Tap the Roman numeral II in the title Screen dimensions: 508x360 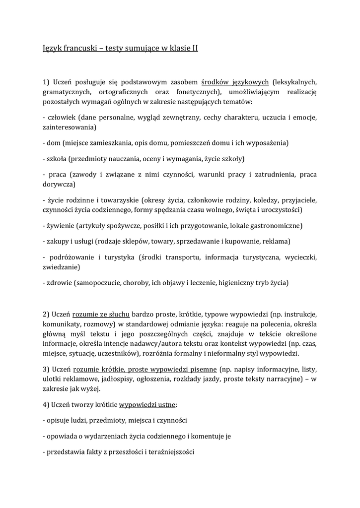click(194, 49)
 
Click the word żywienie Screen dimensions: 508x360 click(61, 226)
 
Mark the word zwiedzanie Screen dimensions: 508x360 click(61, 267)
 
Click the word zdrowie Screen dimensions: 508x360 click(59, 283)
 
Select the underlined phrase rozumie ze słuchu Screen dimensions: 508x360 click(101, 315)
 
